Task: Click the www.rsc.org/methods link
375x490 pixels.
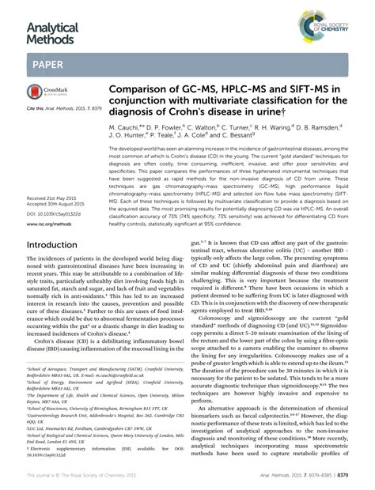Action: (x=49, y=224)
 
